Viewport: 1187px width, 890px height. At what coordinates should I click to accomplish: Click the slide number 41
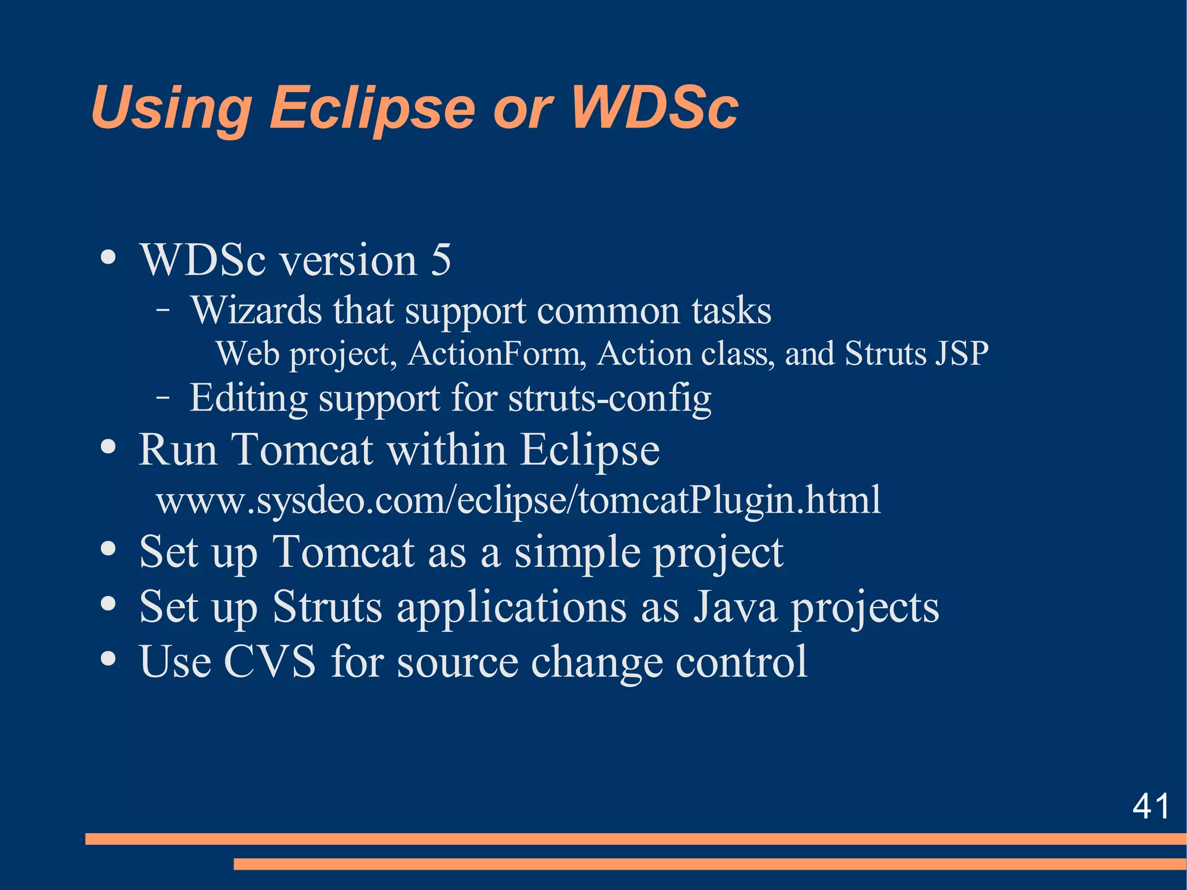[1150, 806]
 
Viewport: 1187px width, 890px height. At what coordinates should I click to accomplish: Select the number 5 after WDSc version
[440, 259]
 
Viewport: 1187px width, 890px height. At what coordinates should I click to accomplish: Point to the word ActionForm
[497, 353]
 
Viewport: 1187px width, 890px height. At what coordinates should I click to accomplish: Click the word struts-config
[609, 399]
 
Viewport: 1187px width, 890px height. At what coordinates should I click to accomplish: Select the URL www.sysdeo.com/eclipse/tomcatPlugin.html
[518, 500]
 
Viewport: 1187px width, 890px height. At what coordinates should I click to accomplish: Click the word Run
[178, 449]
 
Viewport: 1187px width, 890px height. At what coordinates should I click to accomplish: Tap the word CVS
[270, 661]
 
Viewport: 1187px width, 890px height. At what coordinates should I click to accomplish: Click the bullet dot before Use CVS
[108, 659]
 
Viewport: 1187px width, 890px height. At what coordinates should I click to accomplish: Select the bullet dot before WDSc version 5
[108, 257]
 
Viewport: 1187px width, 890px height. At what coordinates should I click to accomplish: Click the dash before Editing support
[163, 398]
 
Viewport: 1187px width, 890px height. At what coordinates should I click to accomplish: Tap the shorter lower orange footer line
[709, 864]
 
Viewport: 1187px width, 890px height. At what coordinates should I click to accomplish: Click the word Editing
[249, 399]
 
